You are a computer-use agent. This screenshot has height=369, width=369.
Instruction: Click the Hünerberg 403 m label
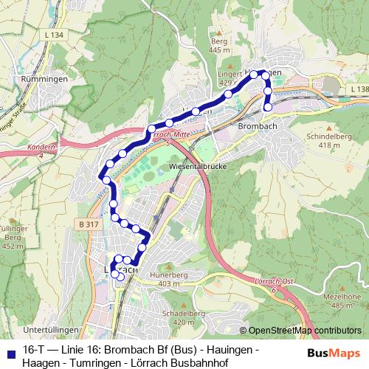point(169,279)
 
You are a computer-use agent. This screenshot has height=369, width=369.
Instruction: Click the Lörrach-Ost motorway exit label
point(274,284)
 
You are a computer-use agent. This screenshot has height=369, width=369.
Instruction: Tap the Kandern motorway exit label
point(41,150)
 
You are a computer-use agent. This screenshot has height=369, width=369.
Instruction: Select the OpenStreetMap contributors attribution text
point(304,331)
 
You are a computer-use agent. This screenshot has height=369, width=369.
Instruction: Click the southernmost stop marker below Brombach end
point(268,107)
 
